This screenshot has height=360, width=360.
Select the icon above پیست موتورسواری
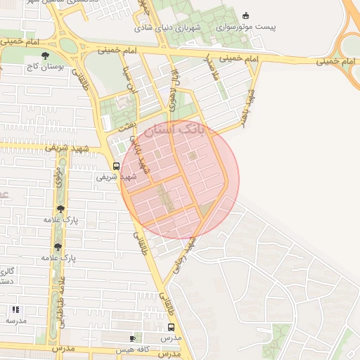click(245, 15)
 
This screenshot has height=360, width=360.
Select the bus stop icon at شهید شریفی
click(116, 167)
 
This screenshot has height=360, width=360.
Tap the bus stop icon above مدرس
click(171, 328)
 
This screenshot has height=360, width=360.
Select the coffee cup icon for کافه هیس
click(132, 339)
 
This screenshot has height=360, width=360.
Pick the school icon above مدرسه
click(15, 309)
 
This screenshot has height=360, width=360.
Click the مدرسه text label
click(15, 320)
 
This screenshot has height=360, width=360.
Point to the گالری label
click(6, 271)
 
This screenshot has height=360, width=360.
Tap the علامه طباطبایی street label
click(61, 302)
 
